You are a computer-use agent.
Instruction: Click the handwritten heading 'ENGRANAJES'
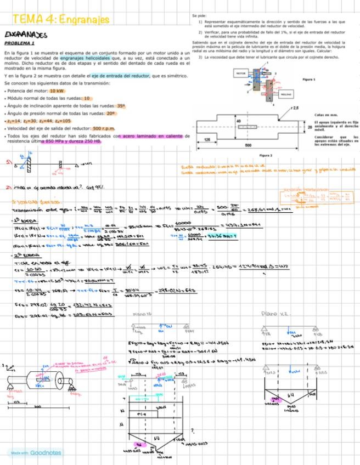point(26,35)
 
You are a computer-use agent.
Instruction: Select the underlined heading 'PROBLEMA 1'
point(19,43)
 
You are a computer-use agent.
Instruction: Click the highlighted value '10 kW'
point(57,90)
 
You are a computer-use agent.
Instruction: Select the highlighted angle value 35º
point(121,105)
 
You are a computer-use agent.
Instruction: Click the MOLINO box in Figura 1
point(286,94)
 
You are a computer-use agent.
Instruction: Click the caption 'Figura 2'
point(266,156)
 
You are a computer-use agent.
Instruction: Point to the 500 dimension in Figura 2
point(248,145)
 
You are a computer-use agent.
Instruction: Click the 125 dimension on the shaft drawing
point(207,140)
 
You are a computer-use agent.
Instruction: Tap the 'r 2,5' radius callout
point(294,107)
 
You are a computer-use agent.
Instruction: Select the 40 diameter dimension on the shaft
point(238,120)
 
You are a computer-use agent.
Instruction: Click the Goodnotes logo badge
point(36,453)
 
